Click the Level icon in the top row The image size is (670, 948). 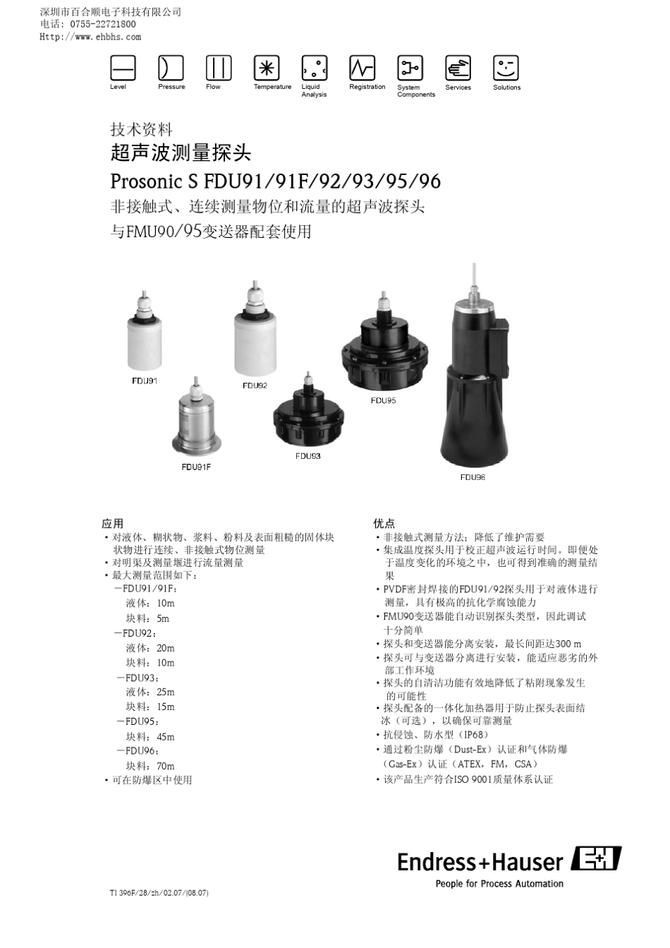[x=123, y=68]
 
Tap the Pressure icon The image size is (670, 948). [x=171, y=68]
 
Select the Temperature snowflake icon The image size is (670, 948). [x=267, y=68]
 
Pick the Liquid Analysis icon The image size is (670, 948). [x=315, y=68]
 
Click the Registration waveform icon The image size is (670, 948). [x=363, y=68]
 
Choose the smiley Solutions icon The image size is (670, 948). [x=506, y=68]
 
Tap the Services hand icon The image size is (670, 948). [x=458, y=68]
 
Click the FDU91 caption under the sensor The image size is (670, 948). [x=145, y=381]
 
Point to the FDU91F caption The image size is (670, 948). [x=196, y=467]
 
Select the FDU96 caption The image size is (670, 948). [x=473, y=478]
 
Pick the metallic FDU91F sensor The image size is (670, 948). [x=195, y=420]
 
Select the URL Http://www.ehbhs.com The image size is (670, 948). [x=90, y=37]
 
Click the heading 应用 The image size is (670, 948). [x=113, y=524]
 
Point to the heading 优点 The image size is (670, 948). [x=384, y=524]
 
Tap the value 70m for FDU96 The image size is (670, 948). [x=166, y=766]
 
